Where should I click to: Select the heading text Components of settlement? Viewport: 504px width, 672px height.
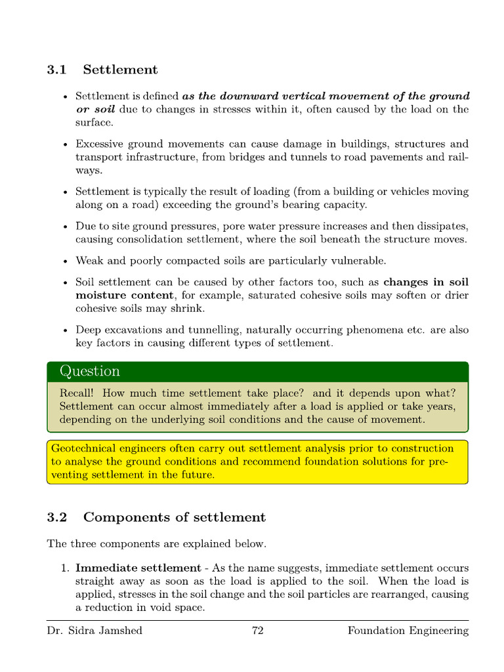[174, 517]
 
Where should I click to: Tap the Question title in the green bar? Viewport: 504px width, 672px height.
[90, 371]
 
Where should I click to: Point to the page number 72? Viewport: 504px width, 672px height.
[257, 631]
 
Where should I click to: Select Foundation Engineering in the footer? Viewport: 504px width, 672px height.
[408, 631]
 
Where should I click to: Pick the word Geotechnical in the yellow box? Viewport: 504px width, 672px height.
[83, 448]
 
